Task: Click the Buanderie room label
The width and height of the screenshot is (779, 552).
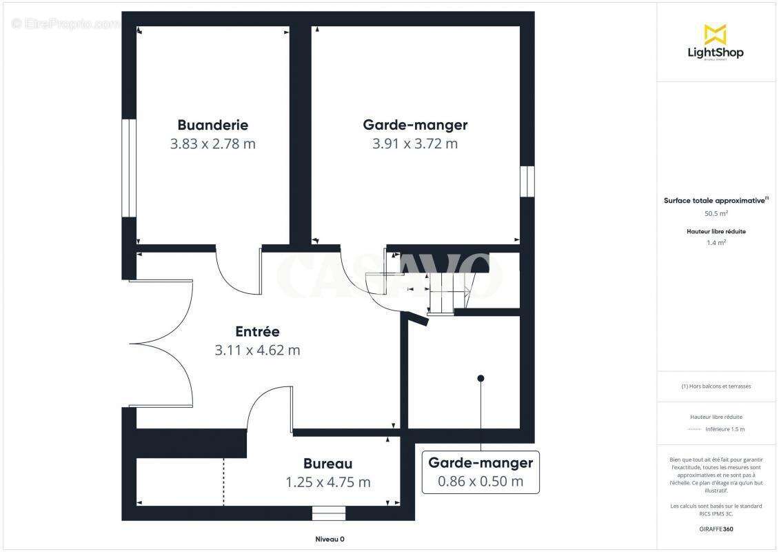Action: pyautogui.click(x=212, y=125)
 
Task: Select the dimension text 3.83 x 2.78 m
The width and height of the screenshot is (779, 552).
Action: pyautogui.click(x=212, y=144)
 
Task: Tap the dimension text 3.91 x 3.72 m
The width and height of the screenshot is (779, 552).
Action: pyautogui.click(x=415, y=144)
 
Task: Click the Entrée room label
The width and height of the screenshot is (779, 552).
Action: pyautogui.click(x=257, y=331)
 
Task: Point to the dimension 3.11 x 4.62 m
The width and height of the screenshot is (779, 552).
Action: pyautogui.click(x=257, y=350)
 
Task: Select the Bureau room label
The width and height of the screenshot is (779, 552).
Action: pyautogui.click(x=327, y=464)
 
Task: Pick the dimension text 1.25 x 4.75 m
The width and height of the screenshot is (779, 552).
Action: pyautogui.click(x=327, y=482)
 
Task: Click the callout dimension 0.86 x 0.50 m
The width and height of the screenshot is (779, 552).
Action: pyautogui.click(x=480, y=481)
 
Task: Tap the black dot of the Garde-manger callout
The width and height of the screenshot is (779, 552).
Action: pyautogui.click(x=480, y=377)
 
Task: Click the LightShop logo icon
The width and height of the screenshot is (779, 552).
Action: pyautogui.click(x=715, y=34)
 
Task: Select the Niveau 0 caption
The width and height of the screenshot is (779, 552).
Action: pyautogui.click(x=330, y=540)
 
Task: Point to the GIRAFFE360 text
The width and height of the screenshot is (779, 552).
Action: pyautogui.click(x=716, y=529)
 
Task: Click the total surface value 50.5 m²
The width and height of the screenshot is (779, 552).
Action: pyautogui.click(x=716, y=214)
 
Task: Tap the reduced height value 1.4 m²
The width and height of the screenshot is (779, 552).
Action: pyautogui.click(x=716, y=243)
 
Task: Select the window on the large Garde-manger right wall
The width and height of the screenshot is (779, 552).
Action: pyautogui.click(x=527, y=181)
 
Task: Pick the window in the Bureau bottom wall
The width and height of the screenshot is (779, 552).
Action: pyautogui.click(x=328, y=513)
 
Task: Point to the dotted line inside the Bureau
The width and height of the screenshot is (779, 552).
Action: pyautogui.click(x=223, y=481)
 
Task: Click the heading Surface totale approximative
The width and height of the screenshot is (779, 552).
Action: pyautogui.click(x=714, y=201)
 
